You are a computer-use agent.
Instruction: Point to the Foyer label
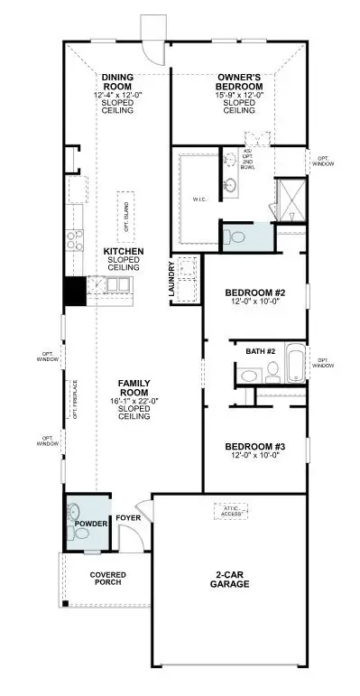[x=126, y=518]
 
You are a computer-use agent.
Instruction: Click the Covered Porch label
[x=107, y=580]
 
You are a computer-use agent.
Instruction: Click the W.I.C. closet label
[x=200, y=200]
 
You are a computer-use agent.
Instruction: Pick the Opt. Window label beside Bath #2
[x=322, y=362]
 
